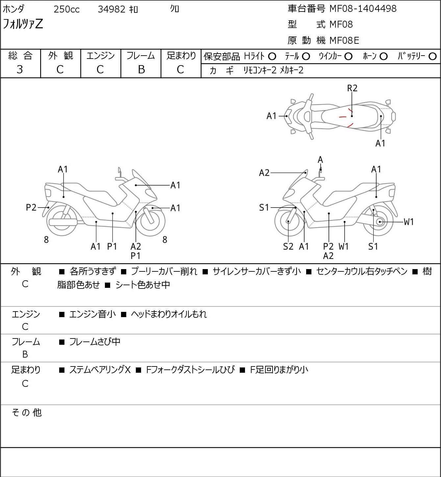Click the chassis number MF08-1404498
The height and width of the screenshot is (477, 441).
tap(363, 9)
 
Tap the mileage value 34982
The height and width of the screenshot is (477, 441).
tap(111, 9)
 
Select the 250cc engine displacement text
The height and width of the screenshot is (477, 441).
tap(66, 9)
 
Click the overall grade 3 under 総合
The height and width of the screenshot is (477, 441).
tap(20, 69)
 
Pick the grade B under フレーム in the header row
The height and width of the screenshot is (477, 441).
tap(141, 69)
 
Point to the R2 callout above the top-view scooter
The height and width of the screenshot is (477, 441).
tap(352, 88)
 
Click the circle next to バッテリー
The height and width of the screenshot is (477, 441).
tap(432, 56)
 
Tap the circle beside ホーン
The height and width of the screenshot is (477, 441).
tap(383, 56)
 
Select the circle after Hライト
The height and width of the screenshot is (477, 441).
tap(272, 56)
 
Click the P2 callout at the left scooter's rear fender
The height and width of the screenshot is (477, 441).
tap(31, 207)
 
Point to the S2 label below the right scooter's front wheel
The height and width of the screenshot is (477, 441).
tap(288, 246)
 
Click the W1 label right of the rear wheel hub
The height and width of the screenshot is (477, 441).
tap(408, 222)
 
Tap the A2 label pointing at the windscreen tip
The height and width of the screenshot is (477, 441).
tap(264, 173)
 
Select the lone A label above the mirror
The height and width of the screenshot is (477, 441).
tap(320, 160)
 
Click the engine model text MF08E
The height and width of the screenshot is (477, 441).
tap(344, 40)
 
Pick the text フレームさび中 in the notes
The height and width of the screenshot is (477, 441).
tap(95, 341)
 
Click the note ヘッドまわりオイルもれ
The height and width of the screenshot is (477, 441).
tap(169, 314)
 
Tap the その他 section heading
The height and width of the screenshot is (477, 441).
tap(27, 413)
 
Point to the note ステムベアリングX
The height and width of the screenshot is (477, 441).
tap(100, 370)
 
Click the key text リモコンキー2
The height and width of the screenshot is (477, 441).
tap(260, 70)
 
